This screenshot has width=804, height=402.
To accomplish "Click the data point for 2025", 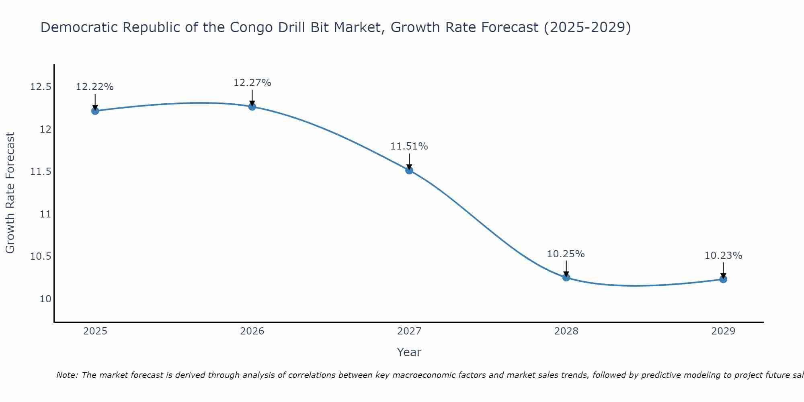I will [x=95, y=111].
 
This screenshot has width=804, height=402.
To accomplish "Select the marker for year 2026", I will [x=252, y=107].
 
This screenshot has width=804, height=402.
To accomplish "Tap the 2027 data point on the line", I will [x=409, y=170].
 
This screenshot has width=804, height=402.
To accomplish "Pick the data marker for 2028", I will [x=566, y=277].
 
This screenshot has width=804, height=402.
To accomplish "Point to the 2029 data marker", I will [x=723, y=279].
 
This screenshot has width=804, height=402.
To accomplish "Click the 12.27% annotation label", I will [x=252, y=83].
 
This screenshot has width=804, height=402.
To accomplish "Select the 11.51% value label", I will [x=409, y=146].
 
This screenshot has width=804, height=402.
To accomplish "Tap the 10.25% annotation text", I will [x=566, y=254].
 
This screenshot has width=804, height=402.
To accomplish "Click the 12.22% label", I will [x=95, y=87].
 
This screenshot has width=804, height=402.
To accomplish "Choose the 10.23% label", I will [x=723, y=256].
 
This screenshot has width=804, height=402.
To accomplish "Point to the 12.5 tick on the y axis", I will [x=41, y=87].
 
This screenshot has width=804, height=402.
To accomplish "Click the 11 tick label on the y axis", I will [x=46, y=214].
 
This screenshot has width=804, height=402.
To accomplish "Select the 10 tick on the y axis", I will [x=46, y=299].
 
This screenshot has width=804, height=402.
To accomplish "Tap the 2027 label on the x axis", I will [x=409, y=331].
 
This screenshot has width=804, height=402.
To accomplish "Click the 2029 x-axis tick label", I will [x=723, y=331].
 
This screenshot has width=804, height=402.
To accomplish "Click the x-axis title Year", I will [x=409, y=352].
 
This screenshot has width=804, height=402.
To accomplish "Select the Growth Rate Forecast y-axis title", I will [x=10, y=193].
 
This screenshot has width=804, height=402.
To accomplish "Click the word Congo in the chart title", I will [x=251, y=27].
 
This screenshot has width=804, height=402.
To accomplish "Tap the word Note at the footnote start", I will [x=67, y=375].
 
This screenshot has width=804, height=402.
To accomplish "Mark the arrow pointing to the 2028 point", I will [x=566, y=269].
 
